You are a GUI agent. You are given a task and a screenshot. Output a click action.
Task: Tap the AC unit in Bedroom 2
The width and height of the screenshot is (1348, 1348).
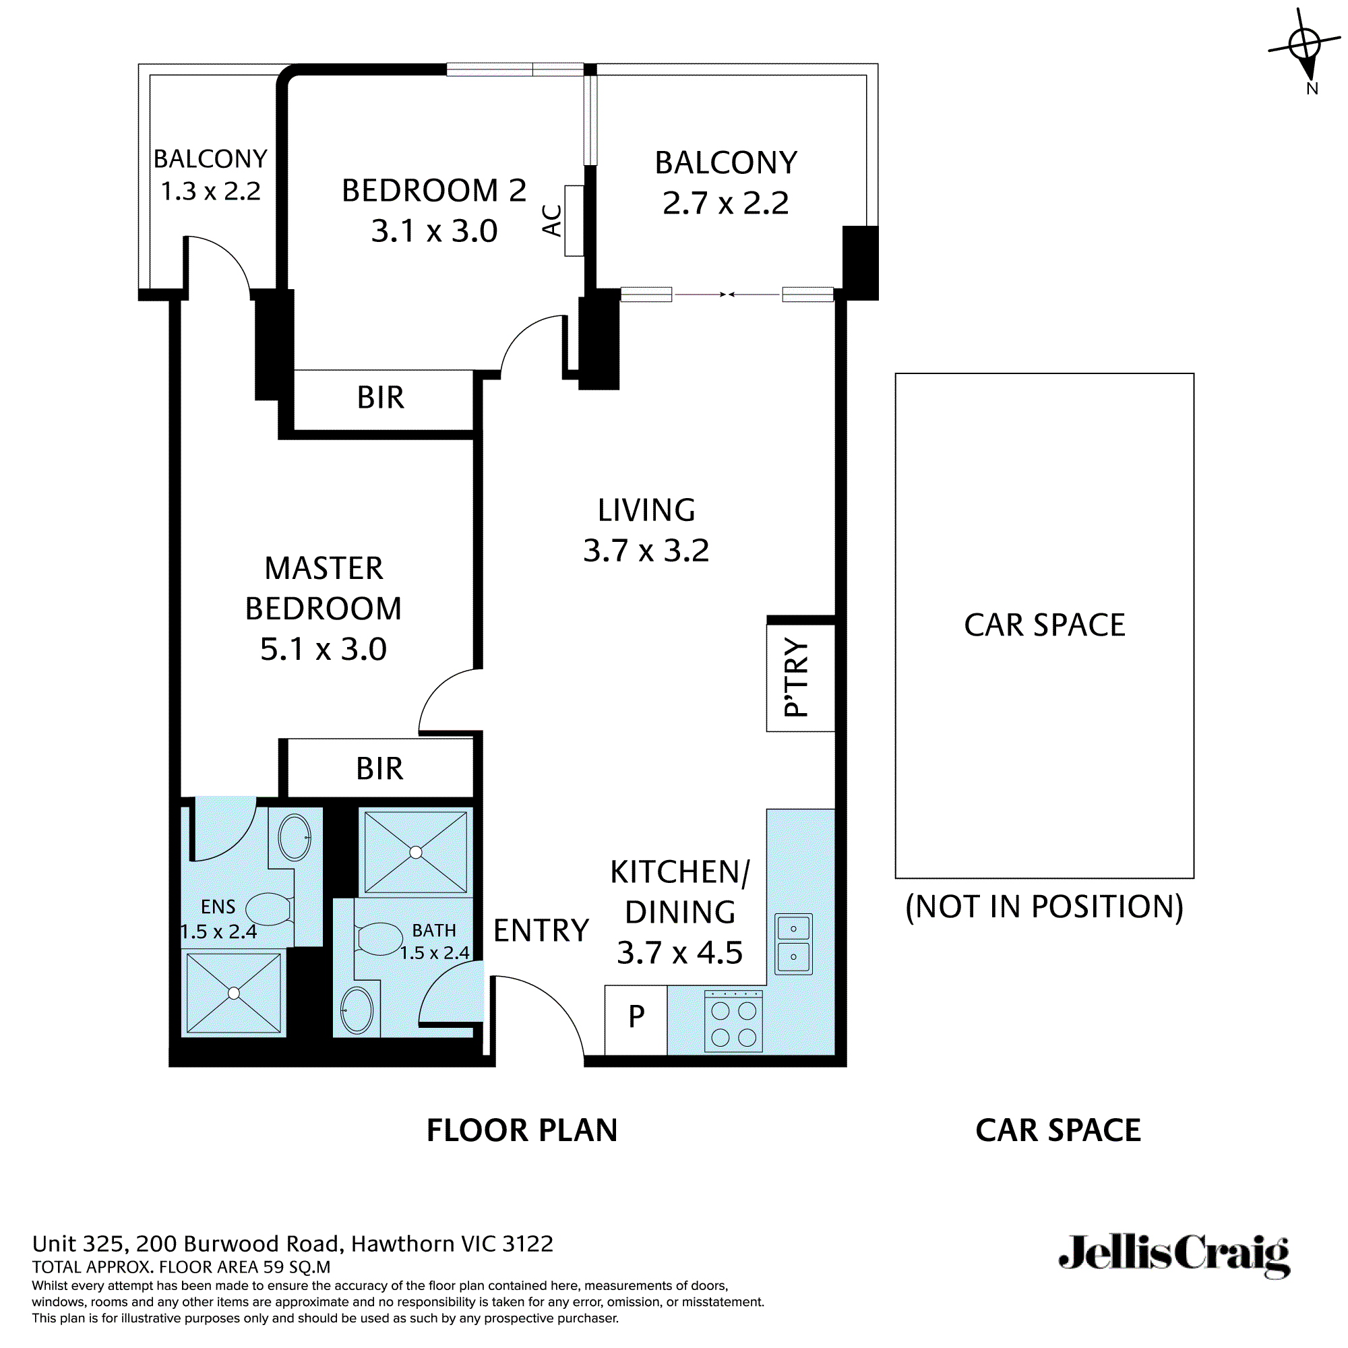pyautogui.click(x=574, y=220)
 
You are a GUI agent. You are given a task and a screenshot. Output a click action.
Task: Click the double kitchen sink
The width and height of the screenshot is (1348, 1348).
pyautogui.click(x=793, y=944)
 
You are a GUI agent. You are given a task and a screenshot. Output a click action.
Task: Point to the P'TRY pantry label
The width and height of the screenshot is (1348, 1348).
pyautogui.click(x=797, y=677)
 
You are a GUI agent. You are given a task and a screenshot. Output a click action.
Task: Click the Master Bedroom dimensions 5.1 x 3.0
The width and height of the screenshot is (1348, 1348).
pyautogui.click(x=323, y=650)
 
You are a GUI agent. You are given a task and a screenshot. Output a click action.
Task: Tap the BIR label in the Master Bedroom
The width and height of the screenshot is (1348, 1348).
pyautogui.click(x=379, y=769)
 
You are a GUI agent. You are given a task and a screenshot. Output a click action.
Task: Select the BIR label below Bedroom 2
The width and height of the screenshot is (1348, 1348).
pyautogui.click(x=380, y=398)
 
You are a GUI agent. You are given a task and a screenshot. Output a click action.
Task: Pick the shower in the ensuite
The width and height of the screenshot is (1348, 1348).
pyautogui.click(x=234, y=993)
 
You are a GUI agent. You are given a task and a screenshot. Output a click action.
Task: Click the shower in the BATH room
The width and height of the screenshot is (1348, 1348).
pyautogui.click(x=416, y=852)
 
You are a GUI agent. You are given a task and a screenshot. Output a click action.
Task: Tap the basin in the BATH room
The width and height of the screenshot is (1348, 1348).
pyautogui.click(x=357, y=1010)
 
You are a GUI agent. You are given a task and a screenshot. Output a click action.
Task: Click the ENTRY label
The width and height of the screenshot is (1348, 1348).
pyautogui.click(x=541, y=931)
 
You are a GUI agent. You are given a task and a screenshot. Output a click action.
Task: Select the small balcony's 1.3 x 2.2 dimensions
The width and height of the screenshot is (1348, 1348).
pyautogui.click(x=211, y=191)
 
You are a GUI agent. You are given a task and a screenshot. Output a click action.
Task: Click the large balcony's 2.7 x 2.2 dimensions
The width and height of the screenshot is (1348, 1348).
pyautogui.click(x=726, y=203)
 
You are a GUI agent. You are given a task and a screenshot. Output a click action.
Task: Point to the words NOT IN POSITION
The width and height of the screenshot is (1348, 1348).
pyautogui.click(x=1044, y=907)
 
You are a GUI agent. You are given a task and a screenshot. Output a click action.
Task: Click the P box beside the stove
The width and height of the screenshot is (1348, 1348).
pyautogui.click(x=636, y=1016)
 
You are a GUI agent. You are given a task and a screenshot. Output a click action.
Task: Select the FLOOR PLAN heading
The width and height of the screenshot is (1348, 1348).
pyautogui.click(x=522, y=1130)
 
